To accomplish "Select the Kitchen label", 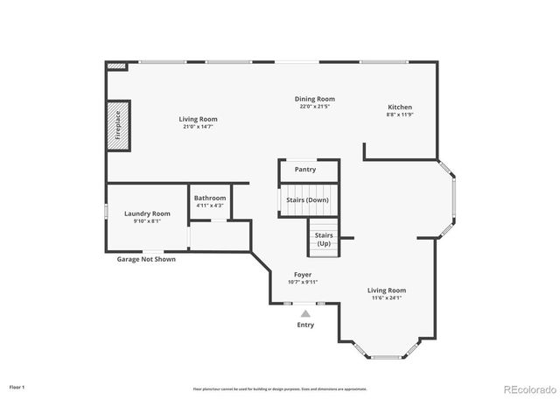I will pyautogui.click(x=400, y=107).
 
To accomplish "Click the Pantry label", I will pyautogui.click(x=305, y=170).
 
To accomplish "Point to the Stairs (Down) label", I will pyautogui.click(x=307, y=200).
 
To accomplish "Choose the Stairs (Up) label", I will pyautogui.click(x=324, y=238).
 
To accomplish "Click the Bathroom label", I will pyautogui.click(x=210, y=198).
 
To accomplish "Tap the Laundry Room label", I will pyautogui.click(x=147, y=213).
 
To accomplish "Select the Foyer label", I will pyautogui.click(x=303, y=275).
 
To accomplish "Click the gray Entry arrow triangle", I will pyautogui.click(x=305, y=312).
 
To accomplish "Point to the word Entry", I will pyautogui.click(x=304, y=325).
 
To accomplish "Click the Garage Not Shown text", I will pyautogui.click(x=145, y=259).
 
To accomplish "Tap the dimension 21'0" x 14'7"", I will pyautogui.click(x=199, y=127).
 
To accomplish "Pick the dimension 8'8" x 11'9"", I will pyautogui.click(x=400, y=115).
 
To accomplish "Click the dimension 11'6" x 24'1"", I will pyautogui.click(x=387, y=298).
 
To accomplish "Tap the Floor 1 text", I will pyautogui.click(x=17, y=387).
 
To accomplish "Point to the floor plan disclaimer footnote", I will pyautogui.click(x=280, y=388).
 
